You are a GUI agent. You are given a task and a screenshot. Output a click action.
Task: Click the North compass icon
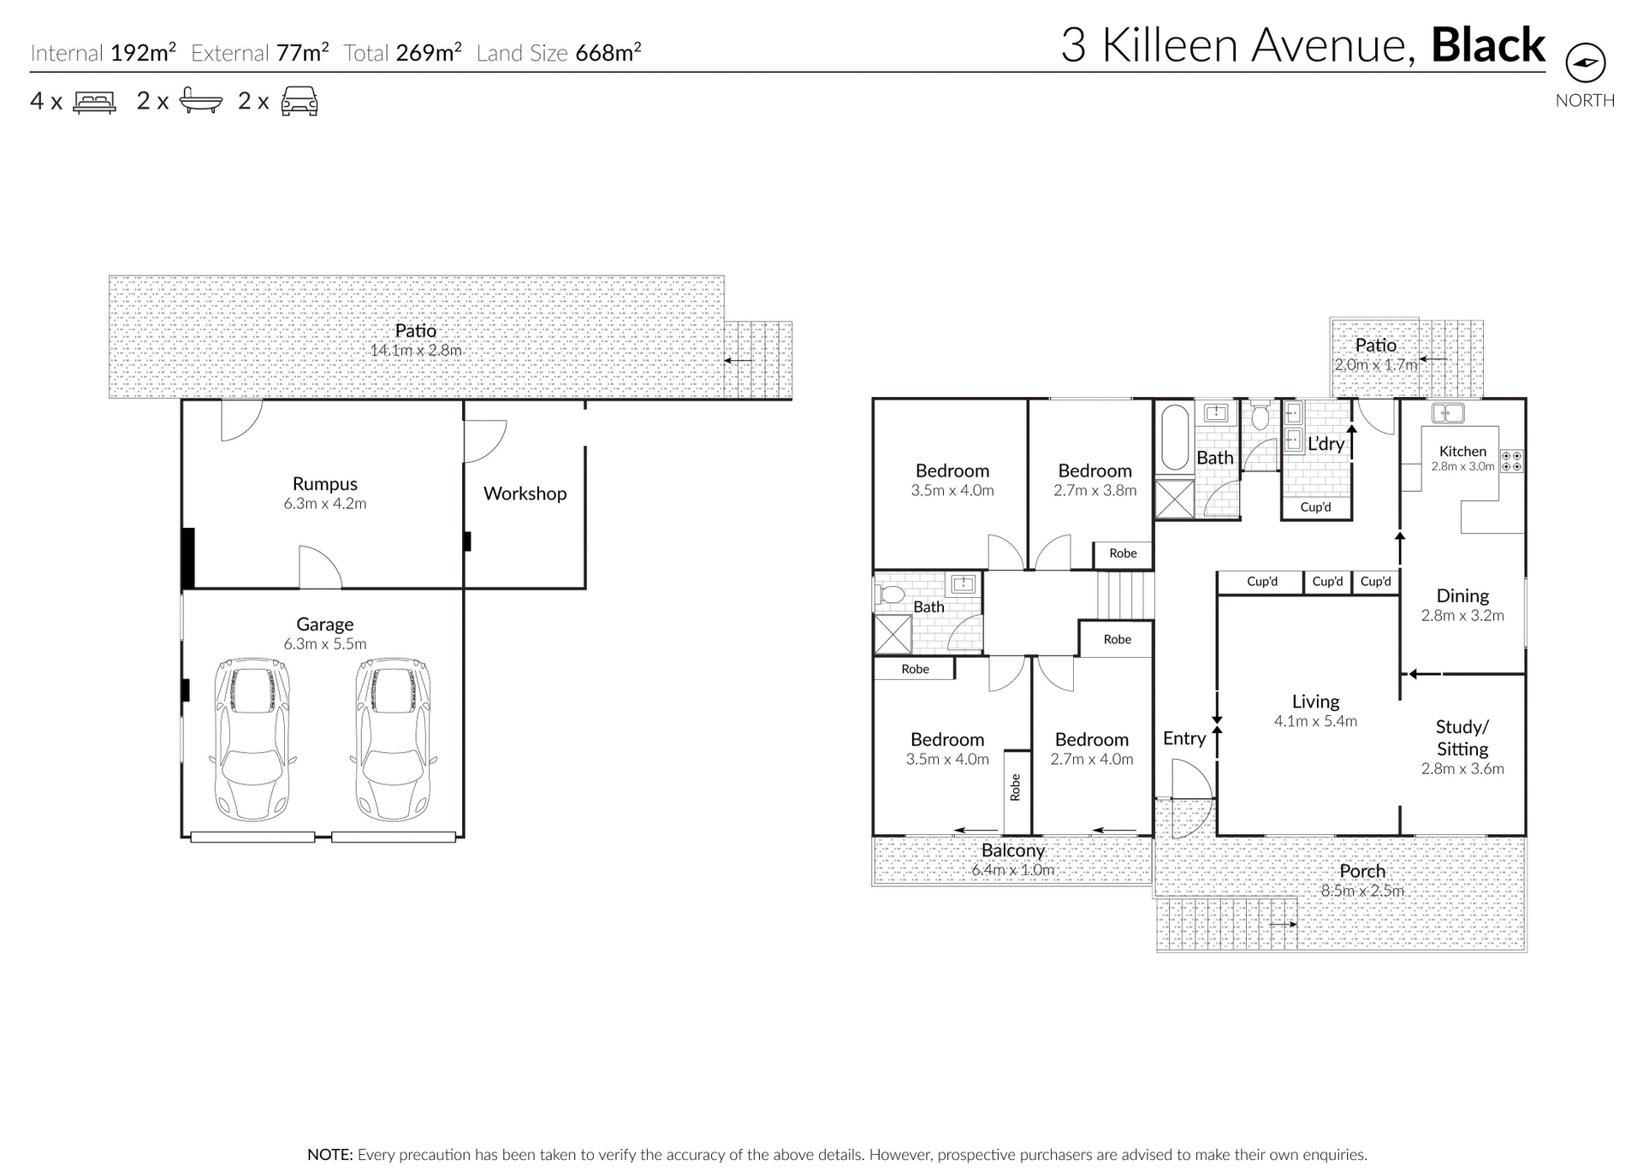(x=1585, y=62)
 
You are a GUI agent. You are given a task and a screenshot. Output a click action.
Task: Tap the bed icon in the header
(x=94, y=102)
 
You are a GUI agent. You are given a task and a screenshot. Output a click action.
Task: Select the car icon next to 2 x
(x=300, y=101)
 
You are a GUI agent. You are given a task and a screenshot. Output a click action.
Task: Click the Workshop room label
(x=525, y=494)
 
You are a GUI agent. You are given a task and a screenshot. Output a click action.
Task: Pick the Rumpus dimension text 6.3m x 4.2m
(x=325, y=504)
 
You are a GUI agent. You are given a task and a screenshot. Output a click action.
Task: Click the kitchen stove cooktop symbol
(x=1512, y=462)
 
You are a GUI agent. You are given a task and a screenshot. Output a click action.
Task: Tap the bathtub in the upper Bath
(x=1174, y=437)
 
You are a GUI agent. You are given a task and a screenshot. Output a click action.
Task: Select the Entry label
(x=1184, y=738)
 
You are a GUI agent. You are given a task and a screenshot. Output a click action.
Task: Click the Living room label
(x=1315, y=701)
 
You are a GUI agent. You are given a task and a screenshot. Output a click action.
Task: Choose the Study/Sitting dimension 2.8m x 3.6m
(x=1462, y=769)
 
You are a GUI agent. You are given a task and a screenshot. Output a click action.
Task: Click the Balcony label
(x=1013, y=850)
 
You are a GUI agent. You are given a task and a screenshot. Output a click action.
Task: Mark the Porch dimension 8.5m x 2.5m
(x=1362, y=891)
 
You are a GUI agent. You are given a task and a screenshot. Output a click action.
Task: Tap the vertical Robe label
(x=1016, y=787)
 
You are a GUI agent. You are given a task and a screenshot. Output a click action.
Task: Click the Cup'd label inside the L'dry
(x=1315, y=507)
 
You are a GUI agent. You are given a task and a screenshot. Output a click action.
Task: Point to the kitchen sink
(x=1447, y=413)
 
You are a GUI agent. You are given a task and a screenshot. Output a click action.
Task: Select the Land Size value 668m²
(x=608, y=53)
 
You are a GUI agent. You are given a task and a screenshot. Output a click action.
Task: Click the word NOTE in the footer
(x=329, y=1155)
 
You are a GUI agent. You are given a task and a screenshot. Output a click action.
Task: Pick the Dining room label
(x=1462, y=595)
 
